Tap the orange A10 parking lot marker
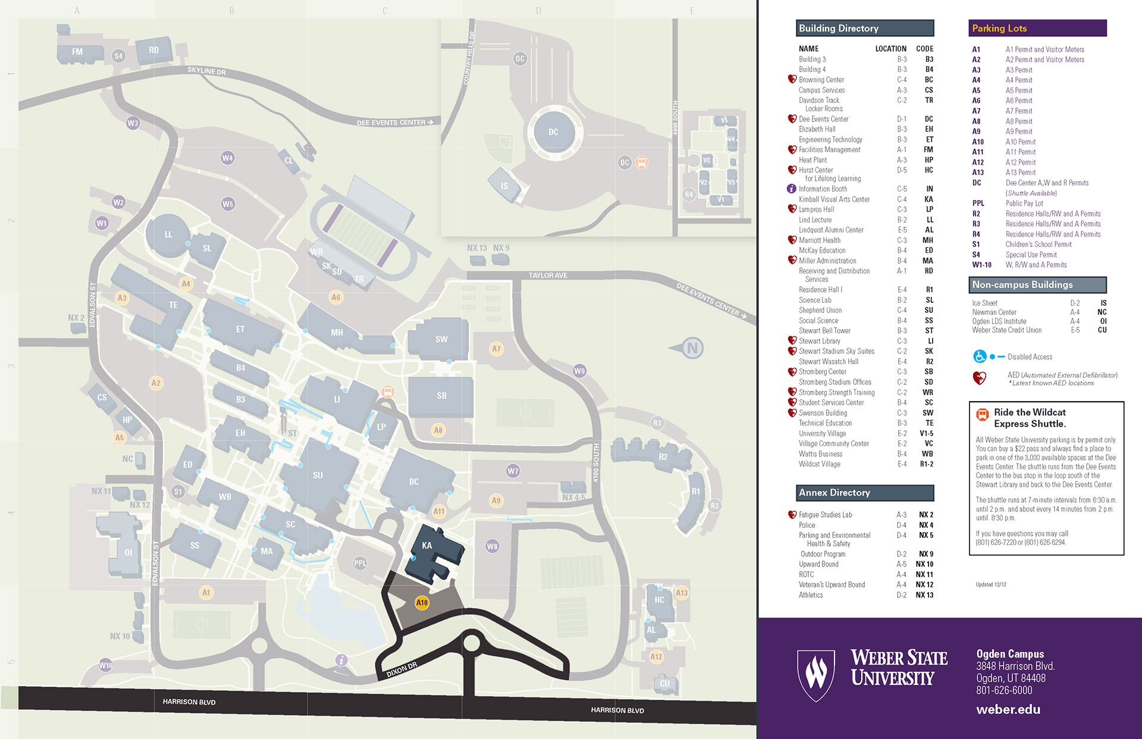coord(422,603)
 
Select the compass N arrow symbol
coord(690,348)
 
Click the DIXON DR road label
coord(401,670)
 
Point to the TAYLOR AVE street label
coord(548,275)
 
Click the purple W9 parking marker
coord(579,371)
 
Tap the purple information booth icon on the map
coord(341,660)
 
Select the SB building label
coord(441,396)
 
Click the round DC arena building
coord(553,132)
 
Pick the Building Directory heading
coord(839,29)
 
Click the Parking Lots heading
coord(999,29)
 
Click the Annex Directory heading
coord(834,493)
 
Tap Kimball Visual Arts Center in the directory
coord(834,199)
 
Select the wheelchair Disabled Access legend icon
coord(980,356)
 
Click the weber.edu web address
coord(1008,709)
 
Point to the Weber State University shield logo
coord(816,675)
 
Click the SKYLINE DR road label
coord(206,71)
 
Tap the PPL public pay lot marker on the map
coord(360,563)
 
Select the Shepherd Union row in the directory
coord(820,310)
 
